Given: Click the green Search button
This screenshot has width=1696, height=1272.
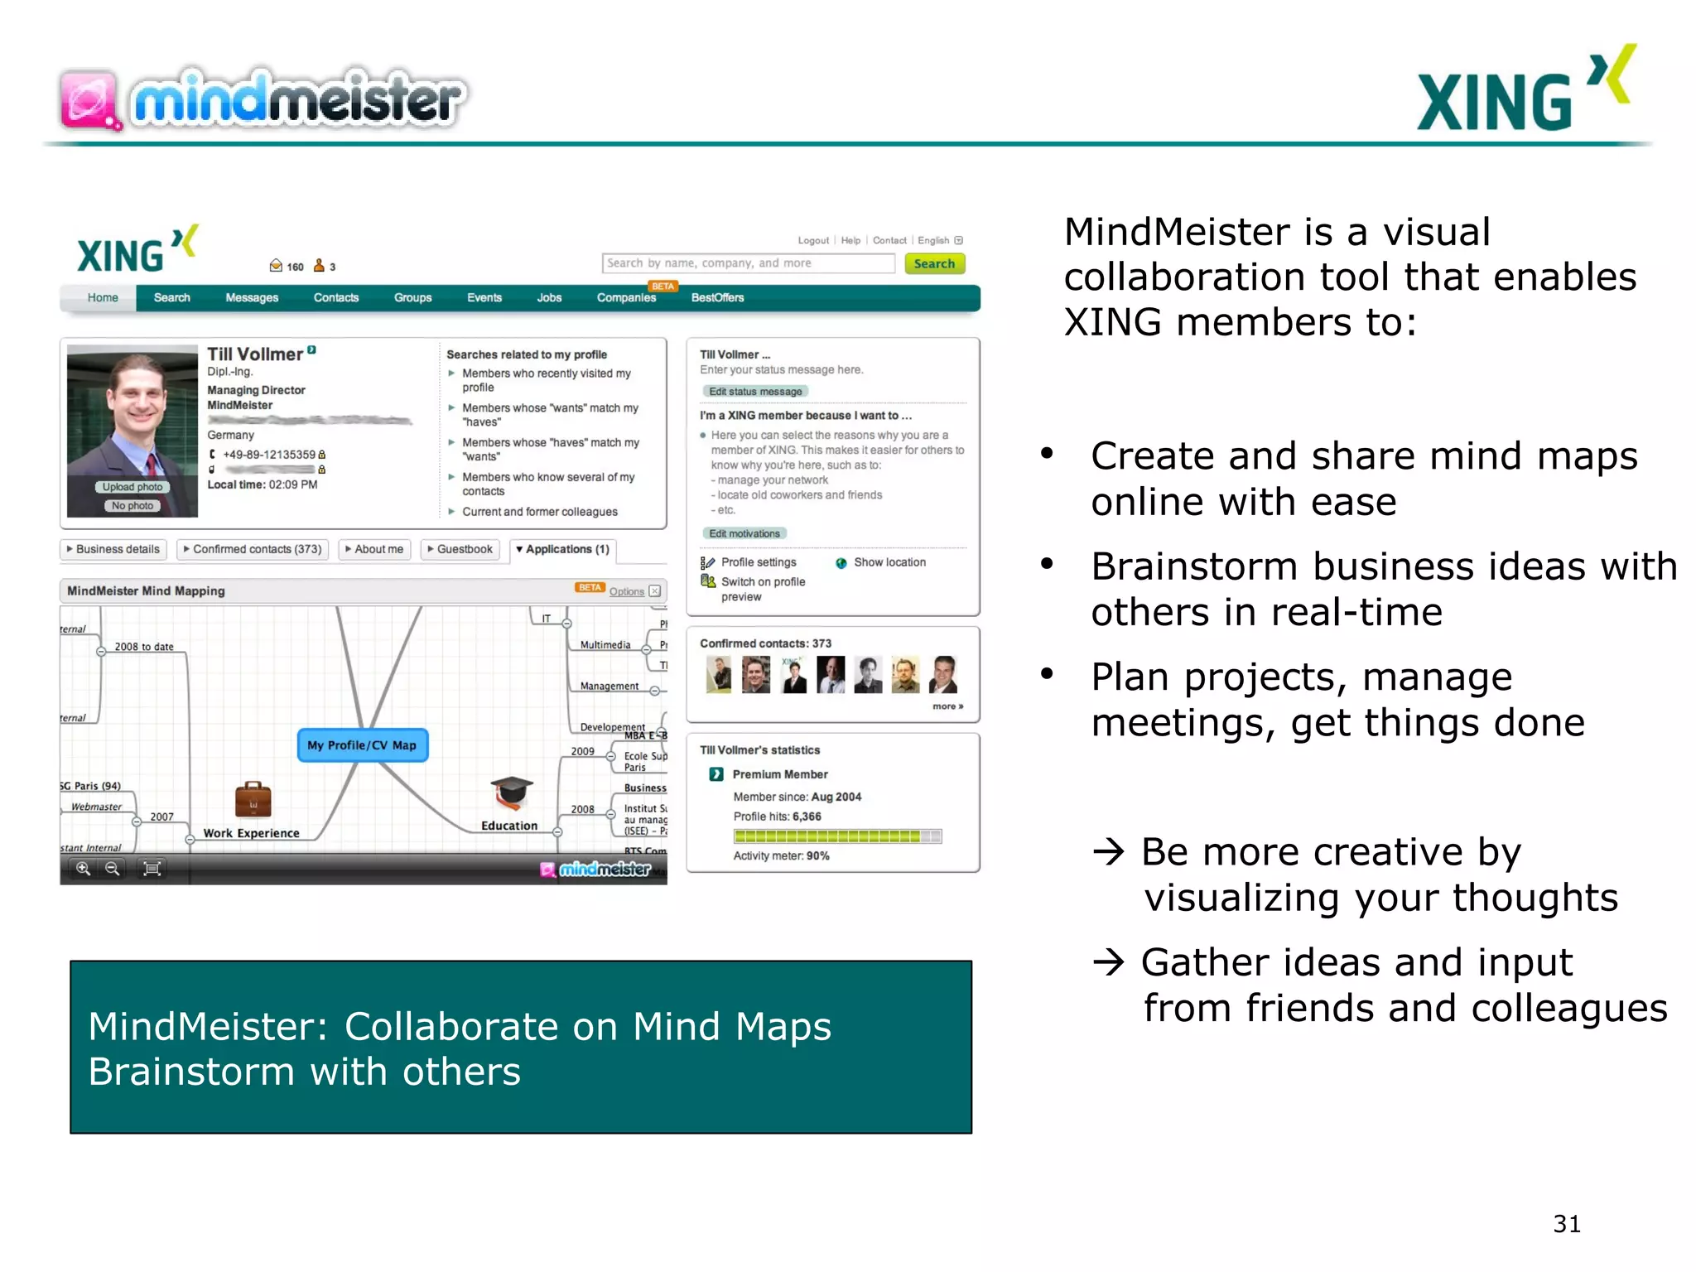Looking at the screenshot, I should pyautogui.click(x=934, y=263).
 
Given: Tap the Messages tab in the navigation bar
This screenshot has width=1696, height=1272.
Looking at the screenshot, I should pyautogui.click(x=252, y=297).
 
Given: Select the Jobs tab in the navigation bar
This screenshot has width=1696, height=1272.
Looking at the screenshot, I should pyautogui.click(x=549, y=297).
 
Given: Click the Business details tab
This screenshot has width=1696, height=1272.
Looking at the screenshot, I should pyautogui.click(x=113, y=549).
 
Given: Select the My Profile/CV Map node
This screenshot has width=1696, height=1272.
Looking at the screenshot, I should pyautogui.click(x=362, y=744).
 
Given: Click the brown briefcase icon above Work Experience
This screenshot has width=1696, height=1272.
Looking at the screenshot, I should pyautogui.click(x=253, y=799).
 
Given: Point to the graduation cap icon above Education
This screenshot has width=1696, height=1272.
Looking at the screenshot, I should pyautogui.click(x=511, y=793).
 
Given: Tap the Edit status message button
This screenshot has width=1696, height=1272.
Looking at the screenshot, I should pyautogui.click(x=755, y=392).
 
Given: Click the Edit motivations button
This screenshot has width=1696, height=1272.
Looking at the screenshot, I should pyautogui.click(x=744, y=533).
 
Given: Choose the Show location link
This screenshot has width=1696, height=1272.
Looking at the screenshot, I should pyautogui.click(x=889, y=562).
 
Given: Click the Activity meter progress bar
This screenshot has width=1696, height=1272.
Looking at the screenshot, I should pyautogui.click(x=837, y=836).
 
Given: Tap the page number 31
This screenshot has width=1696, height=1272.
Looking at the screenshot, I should pyautogui.click(x=1567, y=1223).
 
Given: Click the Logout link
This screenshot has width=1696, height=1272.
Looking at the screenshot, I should pyautogui.click(x=812, y=240).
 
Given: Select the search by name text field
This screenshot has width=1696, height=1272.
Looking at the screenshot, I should pyautogui.click(x=748, y=263).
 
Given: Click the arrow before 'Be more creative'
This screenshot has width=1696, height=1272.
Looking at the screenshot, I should pyautogui.click(x=1108, y=851).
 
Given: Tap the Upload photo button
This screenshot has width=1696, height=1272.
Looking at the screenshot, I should pyautogui.click(x=132, y=487).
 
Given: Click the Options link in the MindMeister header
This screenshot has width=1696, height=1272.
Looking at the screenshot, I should pyautogui.click(x=626, y=591).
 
